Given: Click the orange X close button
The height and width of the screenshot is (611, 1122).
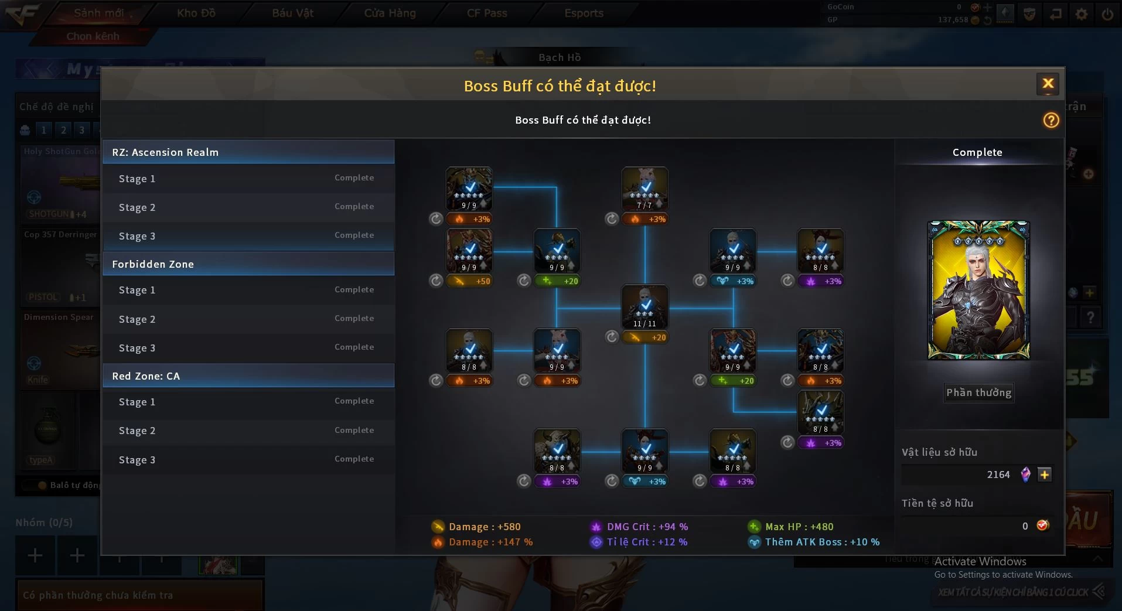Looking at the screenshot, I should click(1048, 84).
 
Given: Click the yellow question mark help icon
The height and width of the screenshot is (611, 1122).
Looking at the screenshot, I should click(1051, 120).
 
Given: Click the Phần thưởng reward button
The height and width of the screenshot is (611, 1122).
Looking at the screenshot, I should click(978, 392).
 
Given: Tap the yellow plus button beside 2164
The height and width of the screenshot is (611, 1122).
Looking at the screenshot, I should click(1044, 475).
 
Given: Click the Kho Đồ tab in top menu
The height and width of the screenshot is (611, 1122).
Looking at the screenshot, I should click(196, 13).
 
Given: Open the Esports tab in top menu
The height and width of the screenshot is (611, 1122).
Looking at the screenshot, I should click(584, 13).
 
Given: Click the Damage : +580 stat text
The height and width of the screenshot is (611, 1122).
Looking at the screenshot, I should click(484, 527).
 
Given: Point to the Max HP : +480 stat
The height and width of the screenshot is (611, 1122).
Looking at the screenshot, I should click(799, 527).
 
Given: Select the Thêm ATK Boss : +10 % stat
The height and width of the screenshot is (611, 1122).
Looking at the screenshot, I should click(821, 542).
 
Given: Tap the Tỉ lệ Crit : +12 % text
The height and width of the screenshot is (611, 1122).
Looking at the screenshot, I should click(647, 542).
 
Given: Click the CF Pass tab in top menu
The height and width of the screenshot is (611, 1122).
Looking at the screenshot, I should click(487, 13).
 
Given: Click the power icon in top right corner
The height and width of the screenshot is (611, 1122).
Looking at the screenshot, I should click(1107, 14).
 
